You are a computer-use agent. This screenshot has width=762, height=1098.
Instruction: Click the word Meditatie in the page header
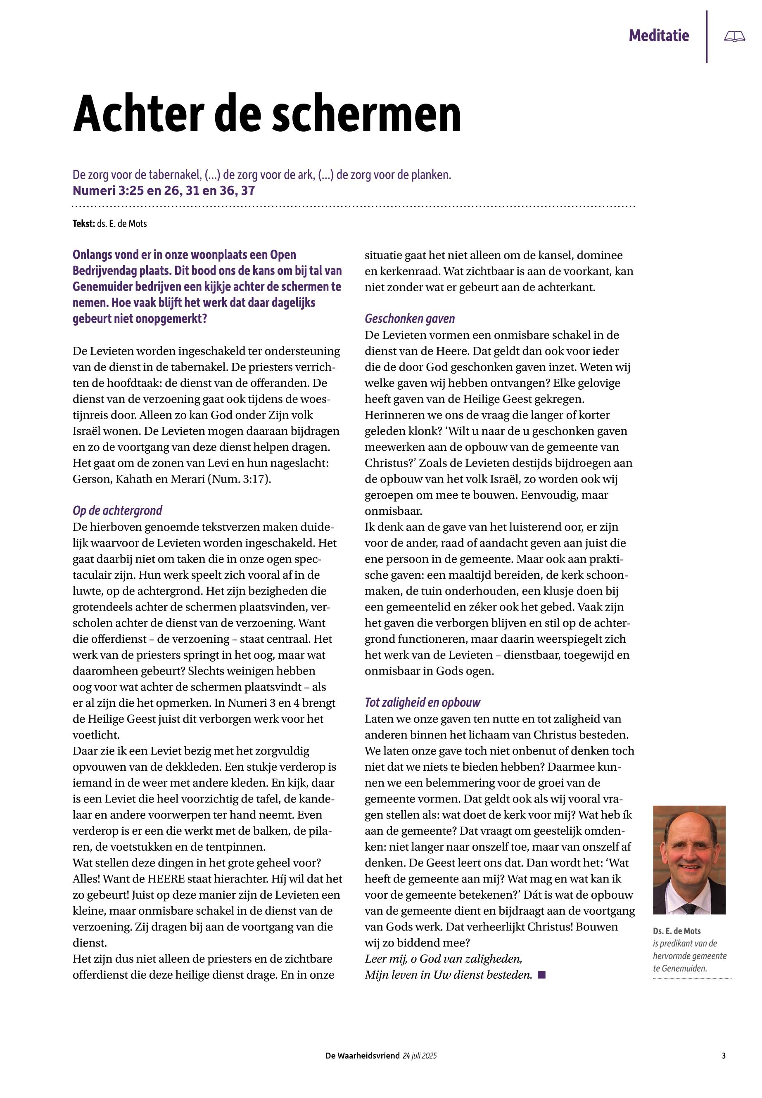point(658,36)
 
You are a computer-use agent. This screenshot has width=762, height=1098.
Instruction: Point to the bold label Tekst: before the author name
point(83,224)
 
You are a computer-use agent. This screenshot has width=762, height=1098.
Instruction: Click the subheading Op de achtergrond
point(117,511)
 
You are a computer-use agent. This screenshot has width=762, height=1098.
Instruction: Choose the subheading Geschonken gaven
point(410,319)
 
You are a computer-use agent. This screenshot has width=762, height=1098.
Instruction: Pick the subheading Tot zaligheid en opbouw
point(422,703)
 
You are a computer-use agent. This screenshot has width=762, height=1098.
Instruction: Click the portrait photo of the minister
point(689,860)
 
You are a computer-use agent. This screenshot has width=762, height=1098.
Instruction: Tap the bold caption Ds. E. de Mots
point(677,931)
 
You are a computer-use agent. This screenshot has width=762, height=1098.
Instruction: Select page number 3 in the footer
point(724,1056)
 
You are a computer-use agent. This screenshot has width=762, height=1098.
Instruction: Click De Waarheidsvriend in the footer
point(362,1056)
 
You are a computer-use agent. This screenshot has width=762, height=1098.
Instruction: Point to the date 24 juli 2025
point(420,1056)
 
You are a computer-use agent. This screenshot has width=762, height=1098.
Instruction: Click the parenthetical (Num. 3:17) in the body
point(239,479)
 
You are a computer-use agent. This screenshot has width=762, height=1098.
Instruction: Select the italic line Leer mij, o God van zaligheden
point(443,958)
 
